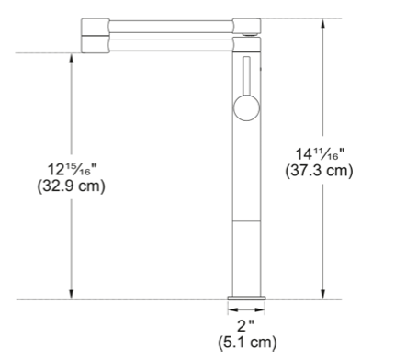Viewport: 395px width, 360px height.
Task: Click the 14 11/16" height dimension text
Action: click(x=320, y=154)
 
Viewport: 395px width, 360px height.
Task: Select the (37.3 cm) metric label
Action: click(x=319, y=171)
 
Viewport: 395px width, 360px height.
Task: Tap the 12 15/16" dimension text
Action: click(x=72, y=170)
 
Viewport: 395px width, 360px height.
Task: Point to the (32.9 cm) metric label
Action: click(x=71, y=186)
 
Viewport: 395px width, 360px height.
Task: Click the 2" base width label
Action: click(x=246, y=326)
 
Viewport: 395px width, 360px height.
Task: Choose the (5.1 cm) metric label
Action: click(x=247, y=342)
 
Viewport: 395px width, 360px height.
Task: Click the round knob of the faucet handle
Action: click(x=246, y=107)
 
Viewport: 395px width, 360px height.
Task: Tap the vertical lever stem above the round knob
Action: click(x=246, y=76)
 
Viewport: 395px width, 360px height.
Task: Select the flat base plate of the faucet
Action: click(x=246, y=298)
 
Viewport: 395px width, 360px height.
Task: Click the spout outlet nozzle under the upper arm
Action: click(x=250, y=34)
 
